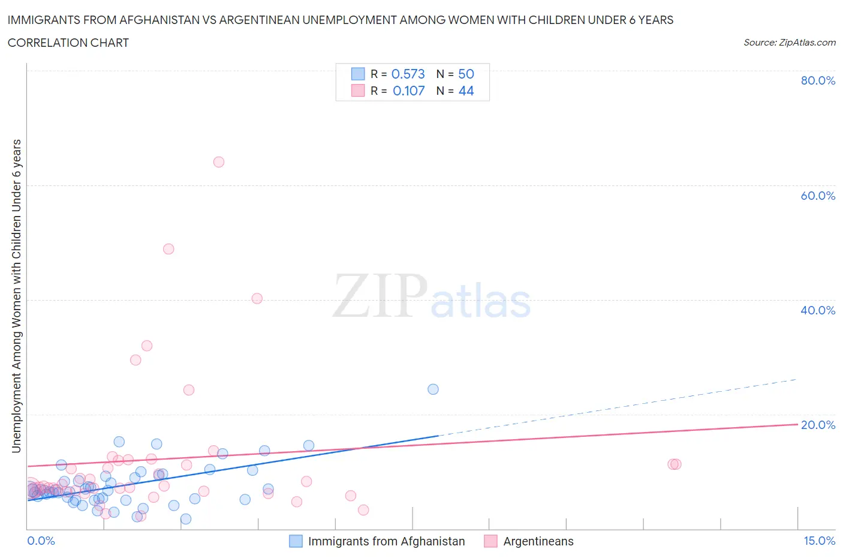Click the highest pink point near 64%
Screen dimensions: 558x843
[219, 162]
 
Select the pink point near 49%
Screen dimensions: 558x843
[168, 249]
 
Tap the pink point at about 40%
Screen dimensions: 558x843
[257, 298]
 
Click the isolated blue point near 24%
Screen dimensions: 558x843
[433, 389]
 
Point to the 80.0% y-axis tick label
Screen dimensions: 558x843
[818, 80]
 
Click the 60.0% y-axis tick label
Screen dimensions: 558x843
[818, 196]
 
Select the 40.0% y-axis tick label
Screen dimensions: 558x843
[818, 310]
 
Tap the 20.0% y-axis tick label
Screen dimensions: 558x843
[818, 425]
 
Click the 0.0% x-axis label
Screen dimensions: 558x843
[41, 541]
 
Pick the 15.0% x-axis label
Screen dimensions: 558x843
[819, 541]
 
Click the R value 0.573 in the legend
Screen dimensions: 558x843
[408, 74]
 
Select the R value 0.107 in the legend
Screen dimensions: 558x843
[408, 91]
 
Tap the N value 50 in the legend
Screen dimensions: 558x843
[466, 74]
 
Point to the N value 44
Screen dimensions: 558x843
[466, 91]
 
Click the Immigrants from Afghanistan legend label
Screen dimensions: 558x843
[386, 541]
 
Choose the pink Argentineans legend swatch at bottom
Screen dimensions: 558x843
[490, 541]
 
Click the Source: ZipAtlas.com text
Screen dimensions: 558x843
[789, 42]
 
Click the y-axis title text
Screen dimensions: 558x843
[16, 296]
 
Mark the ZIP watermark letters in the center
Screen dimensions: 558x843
[380, 296]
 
